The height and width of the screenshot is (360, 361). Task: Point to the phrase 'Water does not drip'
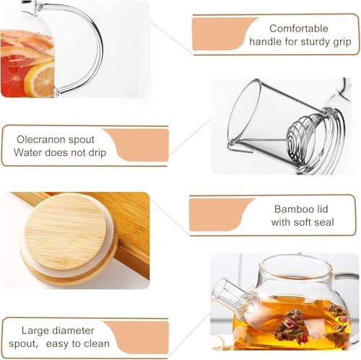pos(60,152)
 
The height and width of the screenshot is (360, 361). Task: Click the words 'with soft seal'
pos(303,222)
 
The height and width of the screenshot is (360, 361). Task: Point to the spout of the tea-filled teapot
pos(230,291)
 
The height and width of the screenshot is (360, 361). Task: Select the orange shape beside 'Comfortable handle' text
pos(220,33)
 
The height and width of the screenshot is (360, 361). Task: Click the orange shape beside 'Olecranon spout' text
pos(137,144)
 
